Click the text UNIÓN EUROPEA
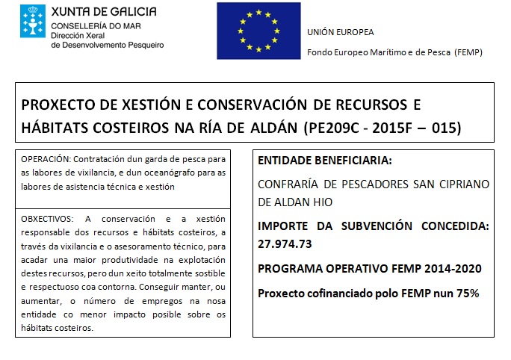coord(340,31)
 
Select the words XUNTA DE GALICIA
coord(104,12)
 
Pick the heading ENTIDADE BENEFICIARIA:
coord(324,161)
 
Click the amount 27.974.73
coord(285,243)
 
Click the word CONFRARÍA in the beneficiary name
coord(288,184)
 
